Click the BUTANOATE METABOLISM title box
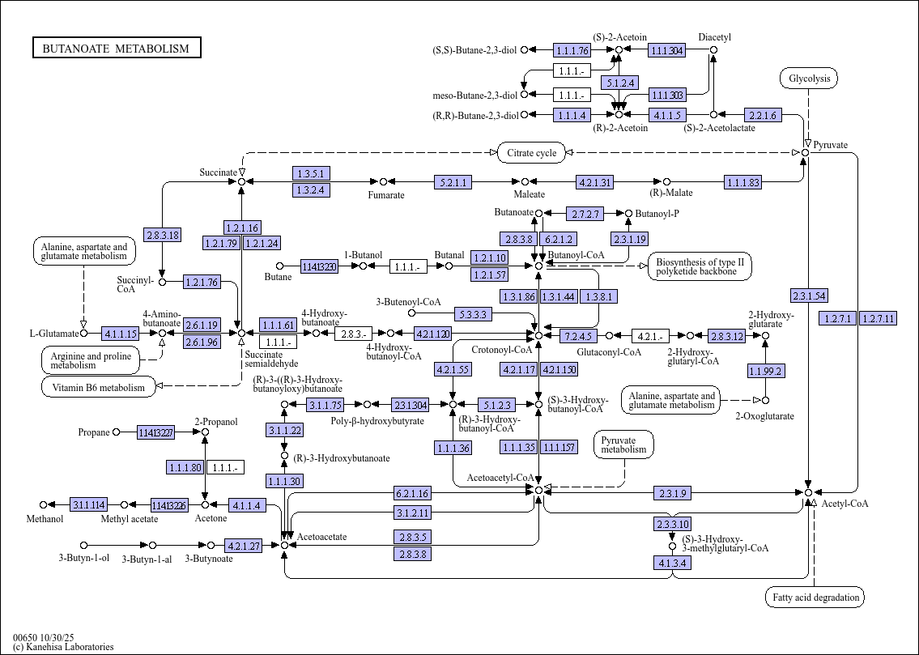pyautogui.click(x=116, y=49)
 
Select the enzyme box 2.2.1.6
pyautogui.click(x=763, y=116)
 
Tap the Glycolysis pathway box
pyautogui.click(x=808, y=79)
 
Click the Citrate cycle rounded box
pyautogui.click(x=531, y=153)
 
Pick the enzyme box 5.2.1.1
pyautogui.click(x=453, y=182)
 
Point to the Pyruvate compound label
pyautogui.click(x=831, y=145)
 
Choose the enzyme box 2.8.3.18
pyautogui.click(x=162, y=236)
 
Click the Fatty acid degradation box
pyautogui.click(x=815, y=598)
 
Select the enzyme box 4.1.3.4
pyautogui.click(x=672, y=563)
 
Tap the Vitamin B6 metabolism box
pyautogui.click(x=98, y=387)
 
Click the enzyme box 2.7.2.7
pyautogui.click(x=585, y=214)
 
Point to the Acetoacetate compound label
pyautogui.click(x=321, y=537)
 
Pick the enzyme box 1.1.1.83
pyautogui.click(x=743, y=182)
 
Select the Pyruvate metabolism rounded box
pyautogui.click(x=623, y=444)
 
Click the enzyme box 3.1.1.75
pyautogui.click(x=325, y=404)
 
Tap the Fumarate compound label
pyautogui.click(x=386, y=195)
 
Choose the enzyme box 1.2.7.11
pyautogui.click(x=879, y=318)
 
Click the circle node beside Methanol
pyautogui.click(x=44, y=505)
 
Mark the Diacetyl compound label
pyautogui.click(x=715, y=37)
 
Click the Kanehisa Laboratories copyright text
pyautogui.click(x=63, y=647)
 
